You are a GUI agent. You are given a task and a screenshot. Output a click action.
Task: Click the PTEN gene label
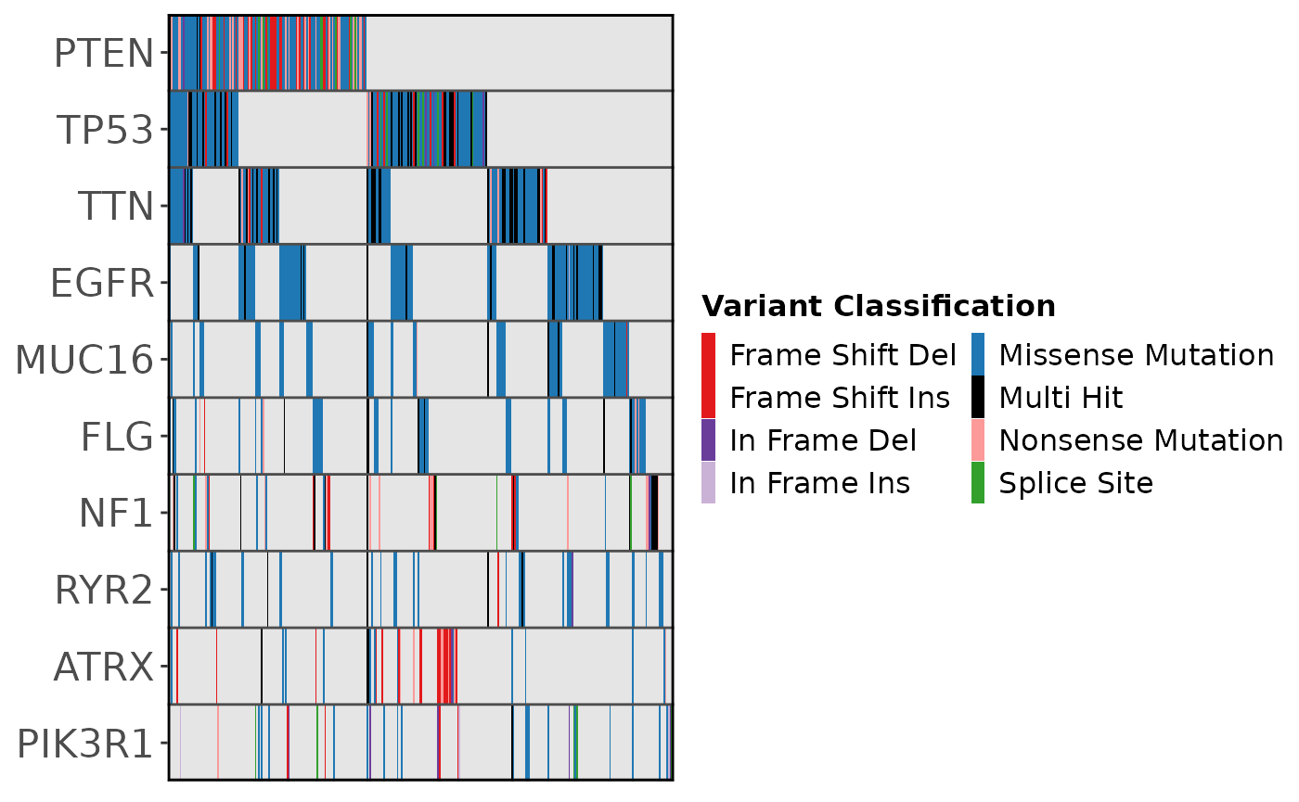(x=104, y=54)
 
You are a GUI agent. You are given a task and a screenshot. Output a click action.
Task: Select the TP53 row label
(x=105, y=130)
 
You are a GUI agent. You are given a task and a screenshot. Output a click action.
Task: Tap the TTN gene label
(x=115, y=207)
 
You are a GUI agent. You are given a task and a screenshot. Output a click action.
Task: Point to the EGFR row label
(x=103, y=284)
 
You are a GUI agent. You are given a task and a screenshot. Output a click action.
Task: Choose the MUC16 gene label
(x=84, y=360)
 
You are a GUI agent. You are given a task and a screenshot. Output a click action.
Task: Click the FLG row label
(x=117, y=437)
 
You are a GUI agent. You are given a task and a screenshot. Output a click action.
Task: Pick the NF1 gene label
(x=116, y=514)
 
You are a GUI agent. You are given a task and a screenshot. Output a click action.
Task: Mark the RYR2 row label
(x=104, y=591)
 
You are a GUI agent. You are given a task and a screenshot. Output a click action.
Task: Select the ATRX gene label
(x=104, y=667)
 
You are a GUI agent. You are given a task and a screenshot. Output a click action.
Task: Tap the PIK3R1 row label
(x=85, y=744)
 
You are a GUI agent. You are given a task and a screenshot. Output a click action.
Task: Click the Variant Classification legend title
(x=879, y=306)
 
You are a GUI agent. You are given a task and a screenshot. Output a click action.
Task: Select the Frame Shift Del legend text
(x=843, y=355)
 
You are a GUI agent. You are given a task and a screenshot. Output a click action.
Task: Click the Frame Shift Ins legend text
(x=840, y=398)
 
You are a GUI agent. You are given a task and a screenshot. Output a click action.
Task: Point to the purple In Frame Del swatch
(x=708, y=440)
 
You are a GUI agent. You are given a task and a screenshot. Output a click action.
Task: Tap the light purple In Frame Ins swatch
(x=708, y=483)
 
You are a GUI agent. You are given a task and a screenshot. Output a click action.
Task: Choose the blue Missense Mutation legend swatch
(x=978, y=354)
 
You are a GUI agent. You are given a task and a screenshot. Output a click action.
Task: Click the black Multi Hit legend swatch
(x=978, y=398)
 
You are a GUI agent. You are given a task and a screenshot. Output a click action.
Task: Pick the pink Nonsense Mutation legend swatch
(x=978, y=440)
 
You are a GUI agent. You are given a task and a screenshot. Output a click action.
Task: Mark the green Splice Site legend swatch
(x=978, y=483)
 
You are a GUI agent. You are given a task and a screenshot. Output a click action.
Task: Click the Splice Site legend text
(x=1076, y=484)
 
